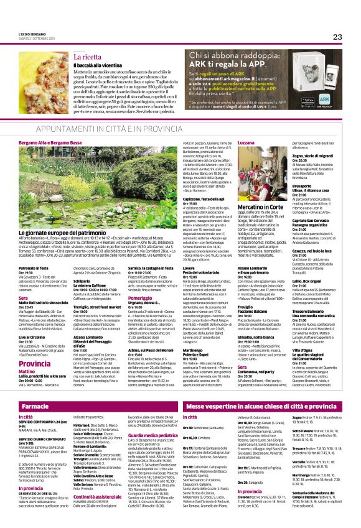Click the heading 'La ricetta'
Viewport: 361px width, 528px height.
87,56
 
